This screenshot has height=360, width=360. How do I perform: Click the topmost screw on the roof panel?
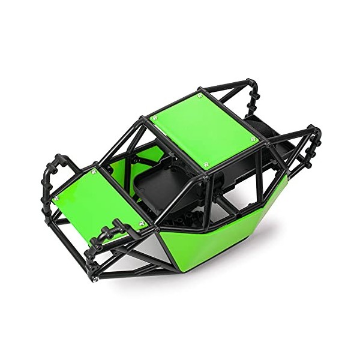tap(200, 95)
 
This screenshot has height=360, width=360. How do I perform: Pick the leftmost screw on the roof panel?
tap(154, 118)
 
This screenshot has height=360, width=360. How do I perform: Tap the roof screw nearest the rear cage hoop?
tap(253, 139)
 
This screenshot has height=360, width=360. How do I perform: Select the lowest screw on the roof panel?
tap(206, 164)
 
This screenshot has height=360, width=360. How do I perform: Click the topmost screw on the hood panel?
tap(93, 171)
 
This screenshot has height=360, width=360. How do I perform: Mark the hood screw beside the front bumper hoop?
tap(56, 198)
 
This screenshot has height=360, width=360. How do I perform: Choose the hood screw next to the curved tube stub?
tap(142, 223)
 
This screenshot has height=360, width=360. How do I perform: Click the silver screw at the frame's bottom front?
tap(95, 278)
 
